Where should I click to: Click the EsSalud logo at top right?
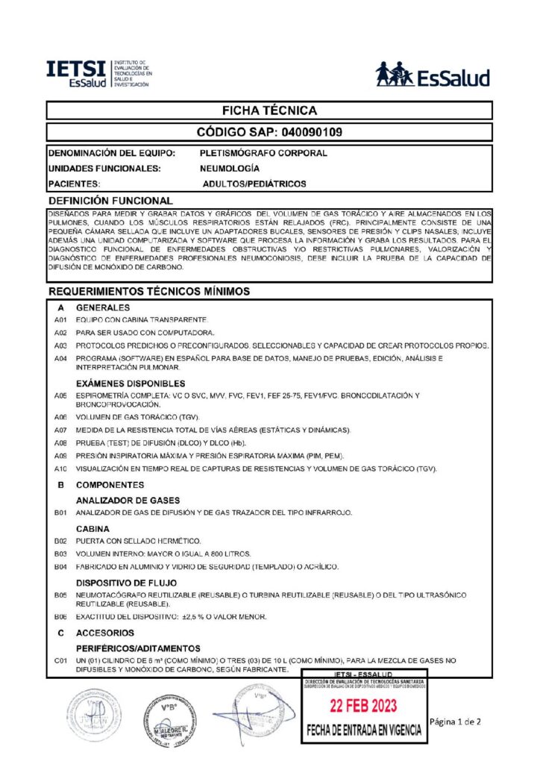pyautogui.click(x=433, y=75)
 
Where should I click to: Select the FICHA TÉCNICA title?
pyautogui.click(x=269, y=110)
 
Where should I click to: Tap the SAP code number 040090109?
pyautogui.click(x=311, y=133)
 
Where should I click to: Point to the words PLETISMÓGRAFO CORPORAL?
pyautogui.click(x=263, y=153)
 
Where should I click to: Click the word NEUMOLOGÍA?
pyautogui.click(x=230, y=169)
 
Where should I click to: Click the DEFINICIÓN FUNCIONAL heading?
pyautogui.click(x=110, y=201)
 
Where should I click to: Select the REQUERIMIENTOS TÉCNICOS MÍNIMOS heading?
pyautogui.click(x=149, y=290)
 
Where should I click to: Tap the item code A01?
pyautogui.click(x=60, y=320)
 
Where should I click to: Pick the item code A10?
pyautogui.click(x=60, y=469)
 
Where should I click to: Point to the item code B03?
pyautogui.click(x=60, y=554)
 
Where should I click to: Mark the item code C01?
pyautogui.click(x=60, y=661)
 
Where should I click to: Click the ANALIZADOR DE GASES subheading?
pyautogui.click(x=128, y=500)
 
